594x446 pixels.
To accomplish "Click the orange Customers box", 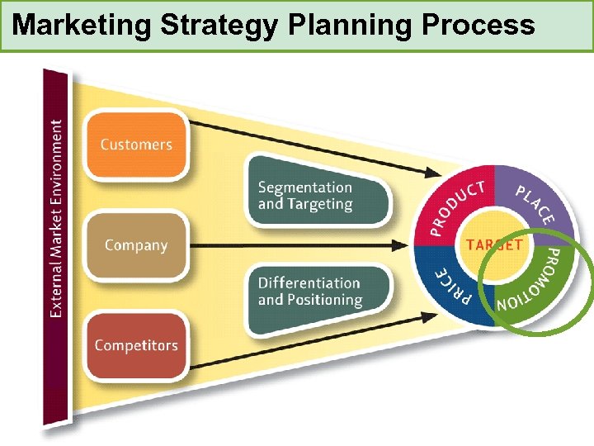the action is click(x=136, y=145).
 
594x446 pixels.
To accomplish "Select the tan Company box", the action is click(x=136, y=245).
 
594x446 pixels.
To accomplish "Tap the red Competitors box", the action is click(x=136, y=345).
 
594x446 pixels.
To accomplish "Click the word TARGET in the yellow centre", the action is click(x=493, y=244).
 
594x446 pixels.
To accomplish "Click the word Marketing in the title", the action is click(x=82, y=26).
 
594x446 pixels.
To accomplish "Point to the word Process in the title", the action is click(x=478, y=26).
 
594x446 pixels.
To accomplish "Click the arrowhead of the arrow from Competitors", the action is click(x=434, y=315).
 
